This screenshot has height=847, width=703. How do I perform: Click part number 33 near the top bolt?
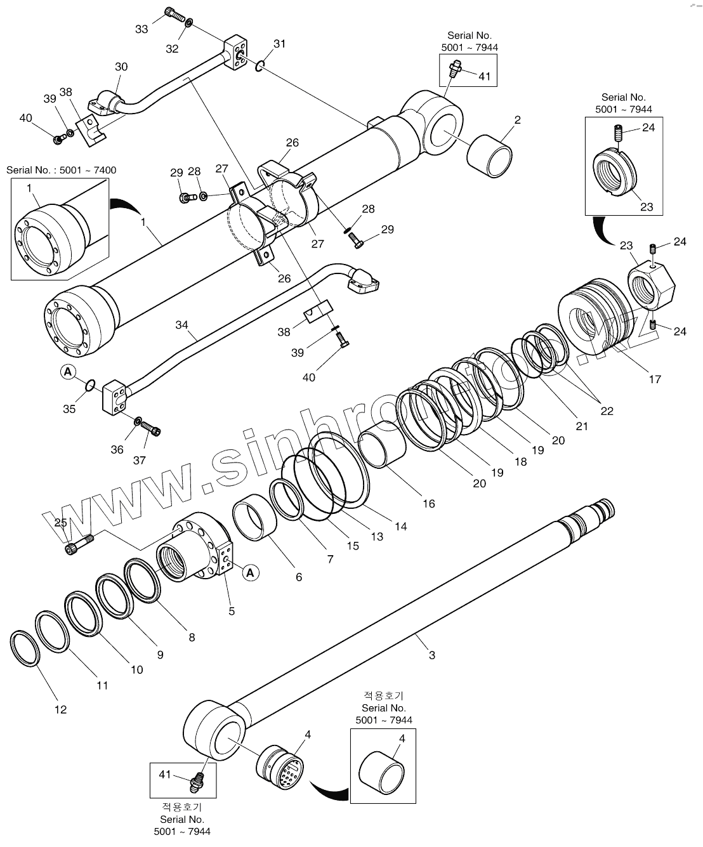tap(141, 29)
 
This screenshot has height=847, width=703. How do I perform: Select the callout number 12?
tap(60, 709)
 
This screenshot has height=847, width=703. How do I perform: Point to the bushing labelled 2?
tap(490, 155)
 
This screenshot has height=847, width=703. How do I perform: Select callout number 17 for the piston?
tap(655, 379)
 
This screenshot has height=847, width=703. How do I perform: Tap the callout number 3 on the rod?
tap(432, 655)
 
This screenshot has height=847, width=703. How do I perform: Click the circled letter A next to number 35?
tap(69, 372)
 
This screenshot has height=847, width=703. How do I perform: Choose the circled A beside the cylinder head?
tap(251, 572)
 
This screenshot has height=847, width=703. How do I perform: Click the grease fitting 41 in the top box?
tap(455, 68)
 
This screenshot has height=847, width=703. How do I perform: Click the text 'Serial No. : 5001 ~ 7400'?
tap(62, 170)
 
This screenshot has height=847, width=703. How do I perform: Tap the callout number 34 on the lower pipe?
tap(182, 325)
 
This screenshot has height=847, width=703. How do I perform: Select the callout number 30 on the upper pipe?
tap(121, 67)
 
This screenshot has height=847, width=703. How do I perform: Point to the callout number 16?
tap(429, 503)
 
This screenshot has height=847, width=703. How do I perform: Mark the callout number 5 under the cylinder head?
tap(232, 611)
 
